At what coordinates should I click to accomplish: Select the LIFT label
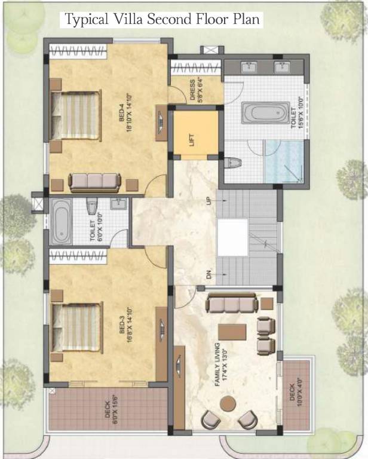pos(192,140)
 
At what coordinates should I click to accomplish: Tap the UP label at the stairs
pos(209,201)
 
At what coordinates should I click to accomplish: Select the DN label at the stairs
pos(209,276)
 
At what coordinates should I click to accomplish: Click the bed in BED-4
pos(75,115)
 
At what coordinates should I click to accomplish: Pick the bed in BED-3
pos(75,328)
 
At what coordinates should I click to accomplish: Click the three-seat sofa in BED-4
pos(94,182)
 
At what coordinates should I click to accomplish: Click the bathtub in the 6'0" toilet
pos(62,222)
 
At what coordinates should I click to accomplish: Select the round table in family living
pos(228,403)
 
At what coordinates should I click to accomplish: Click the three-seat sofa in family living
pos(232,304)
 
